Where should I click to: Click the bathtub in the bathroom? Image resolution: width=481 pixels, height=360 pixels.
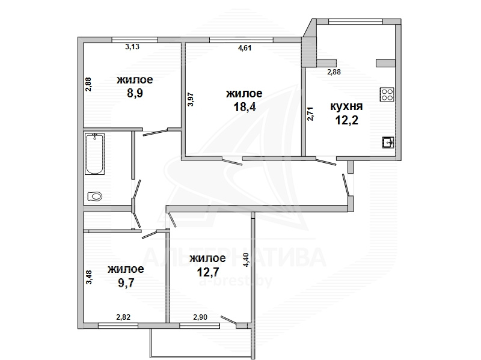tap(94, 154)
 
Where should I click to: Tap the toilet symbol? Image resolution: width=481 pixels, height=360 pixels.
tap(95, 196)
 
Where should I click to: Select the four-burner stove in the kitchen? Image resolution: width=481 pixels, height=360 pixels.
tap(387, 94)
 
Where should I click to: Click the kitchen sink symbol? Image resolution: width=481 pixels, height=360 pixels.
tap(388, 142)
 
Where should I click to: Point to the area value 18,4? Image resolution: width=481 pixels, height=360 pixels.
tap(245, 107)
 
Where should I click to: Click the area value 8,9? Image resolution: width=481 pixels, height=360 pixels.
tap(135, 93)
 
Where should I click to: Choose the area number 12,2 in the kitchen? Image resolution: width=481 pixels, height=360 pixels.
tap(347, 120)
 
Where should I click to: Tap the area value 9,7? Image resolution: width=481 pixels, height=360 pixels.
tap(126, 282)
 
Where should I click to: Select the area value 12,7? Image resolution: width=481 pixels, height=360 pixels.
tap(208, 272)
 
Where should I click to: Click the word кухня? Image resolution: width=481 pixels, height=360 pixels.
tap(346, 106)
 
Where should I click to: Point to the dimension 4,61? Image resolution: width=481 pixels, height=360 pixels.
tap(245, 48)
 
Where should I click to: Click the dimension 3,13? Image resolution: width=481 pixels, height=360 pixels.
tap(132, 47)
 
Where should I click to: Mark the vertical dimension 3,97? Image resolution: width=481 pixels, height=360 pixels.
tap(191, 99)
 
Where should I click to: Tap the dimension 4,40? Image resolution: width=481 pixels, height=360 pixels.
tap(247, 260)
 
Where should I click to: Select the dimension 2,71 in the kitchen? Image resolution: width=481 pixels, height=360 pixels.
tap(310, 114)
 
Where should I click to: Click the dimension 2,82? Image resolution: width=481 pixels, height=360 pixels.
tap(123, 317)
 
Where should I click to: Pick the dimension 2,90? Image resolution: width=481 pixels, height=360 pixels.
tap(200, 317)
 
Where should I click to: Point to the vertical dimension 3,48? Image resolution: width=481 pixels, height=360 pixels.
tap(89, 277)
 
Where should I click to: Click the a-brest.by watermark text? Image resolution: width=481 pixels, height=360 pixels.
tap(236, 281)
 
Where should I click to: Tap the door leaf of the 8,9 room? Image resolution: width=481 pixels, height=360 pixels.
tap(155, 132)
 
